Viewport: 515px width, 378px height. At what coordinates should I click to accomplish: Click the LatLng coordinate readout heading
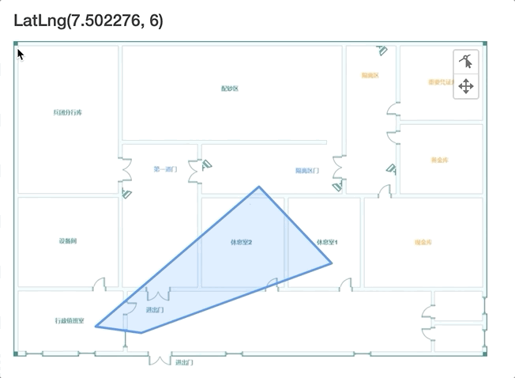pos(88,21)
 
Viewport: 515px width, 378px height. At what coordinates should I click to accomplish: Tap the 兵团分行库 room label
pos(68,113)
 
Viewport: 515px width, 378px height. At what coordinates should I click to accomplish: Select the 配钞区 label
pos(230,89)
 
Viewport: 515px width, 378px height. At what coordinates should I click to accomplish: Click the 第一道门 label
pos(165,169)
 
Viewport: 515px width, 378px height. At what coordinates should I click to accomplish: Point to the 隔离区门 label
pos(307,171)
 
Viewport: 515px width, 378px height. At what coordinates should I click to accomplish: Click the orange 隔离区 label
pos(370,76)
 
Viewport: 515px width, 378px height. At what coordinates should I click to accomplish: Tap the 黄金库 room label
pos(440,160)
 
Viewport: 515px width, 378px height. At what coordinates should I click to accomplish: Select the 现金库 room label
pos(423,242)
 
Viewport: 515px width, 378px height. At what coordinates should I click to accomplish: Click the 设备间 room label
pos(67,240)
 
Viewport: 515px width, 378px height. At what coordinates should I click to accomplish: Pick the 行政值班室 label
pos(70,320)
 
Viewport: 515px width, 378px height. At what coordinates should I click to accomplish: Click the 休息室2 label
pos(241,242)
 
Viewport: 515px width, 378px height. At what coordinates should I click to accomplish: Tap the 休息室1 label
pos(327,242)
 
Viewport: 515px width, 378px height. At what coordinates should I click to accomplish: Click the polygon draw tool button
pos(466,61)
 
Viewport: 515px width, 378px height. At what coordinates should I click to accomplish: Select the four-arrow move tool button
pos(466,86)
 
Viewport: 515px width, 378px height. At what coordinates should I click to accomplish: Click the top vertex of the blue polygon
pos(258,187)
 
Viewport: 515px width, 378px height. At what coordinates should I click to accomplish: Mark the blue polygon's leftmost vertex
pos(96,326)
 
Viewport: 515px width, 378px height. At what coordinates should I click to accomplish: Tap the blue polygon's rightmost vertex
pos(332,263)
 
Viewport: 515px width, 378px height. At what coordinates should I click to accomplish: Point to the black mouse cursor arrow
pos(20,55)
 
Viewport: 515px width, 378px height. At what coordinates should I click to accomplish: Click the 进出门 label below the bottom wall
pos(184,362)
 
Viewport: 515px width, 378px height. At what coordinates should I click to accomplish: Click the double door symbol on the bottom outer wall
pos(160,360)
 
